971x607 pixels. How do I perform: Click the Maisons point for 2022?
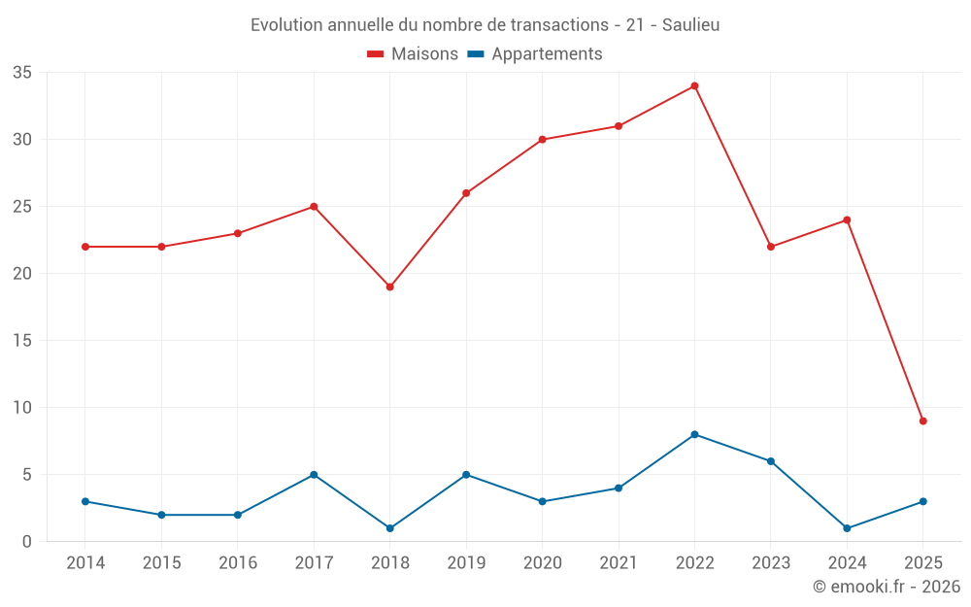[694, 86]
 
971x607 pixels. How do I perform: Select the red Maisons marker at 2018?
[389, 287]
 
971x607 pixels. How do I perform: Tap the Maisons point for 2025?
[922, 422]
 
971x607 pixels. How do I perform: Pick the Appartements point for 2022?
[694, 434]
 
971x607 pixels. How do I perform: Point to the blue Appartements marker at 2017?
[314, 475]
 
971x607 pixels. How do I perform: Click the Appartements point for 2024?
[847, 528]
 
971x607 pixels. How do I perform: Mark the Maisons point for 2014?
[85, 247]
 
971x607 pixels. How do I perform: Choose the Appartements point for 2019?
[466, 475]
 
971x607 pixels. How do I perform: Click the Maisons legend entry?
[413, 54]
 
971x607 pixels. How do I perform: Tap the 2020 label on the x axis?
[542, 563]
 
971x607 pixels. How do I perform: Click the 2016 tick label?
[238, 563]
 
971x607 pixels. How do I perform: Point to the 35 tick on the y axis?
[22, 73]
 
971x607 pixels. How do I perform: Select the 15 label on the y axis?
[22, 341]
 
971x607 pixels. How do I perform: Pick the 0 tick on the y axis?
[27, 542]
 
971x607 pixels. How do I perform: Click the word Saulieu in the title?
[690, 25]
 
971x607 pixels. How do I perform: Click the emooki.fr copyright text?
[887, 587]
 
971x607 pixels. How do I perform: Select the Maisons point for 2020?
[542, 140]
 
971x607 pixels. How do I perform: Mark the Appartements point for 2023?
[771, 461]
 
